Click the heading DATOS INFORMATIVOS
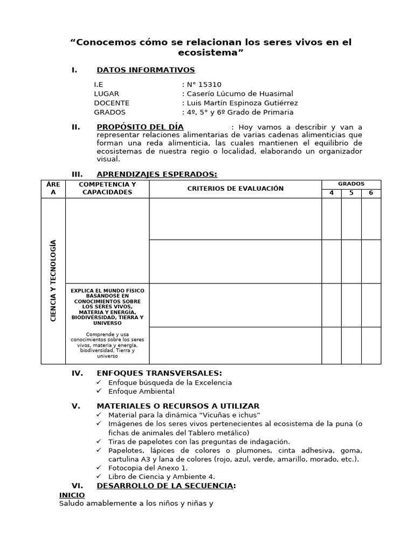point(146,70)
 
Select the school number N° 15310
point(203,84)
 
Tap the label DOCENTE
point(112,103)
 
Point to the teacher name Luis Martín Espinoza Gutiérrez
point(241,103)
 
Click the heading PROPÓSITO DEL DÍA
point(140,127)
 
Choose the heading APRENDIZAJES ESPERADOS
point(156,174)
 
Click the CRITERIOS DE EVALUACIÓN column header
point(235,188)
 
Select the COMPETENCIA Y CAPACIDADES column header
point(107,188)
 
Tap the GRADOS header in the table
point(351,184)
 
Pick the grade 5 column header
point(351,193)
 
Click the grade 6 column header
point(371,193)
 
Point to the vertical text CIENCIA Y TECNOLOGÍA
point(53,281)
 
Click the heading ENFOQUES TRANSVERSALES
point(159,373)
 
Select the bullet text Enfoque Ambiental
point(141,392)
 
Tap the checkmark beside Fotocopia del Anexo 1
point(99,467)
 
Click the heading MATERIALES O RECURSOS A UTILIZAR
point(178,406)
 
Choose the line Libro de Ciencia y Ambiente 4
point(161,476)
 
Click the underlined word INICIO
point(72,495)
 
